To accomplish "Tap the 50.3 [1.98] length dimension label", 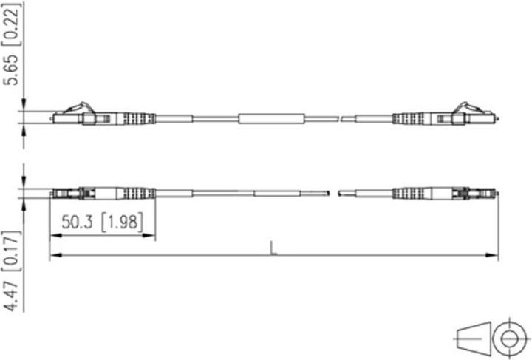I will coord(101,222).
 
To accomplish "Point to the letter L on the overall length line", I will coord(273,249).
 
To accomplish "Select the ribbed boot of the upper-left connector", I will coord(137,118).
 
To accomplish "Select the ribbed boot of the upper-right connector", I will coord(409,118).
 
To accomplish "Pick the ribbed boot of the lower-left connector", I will coord(137,194).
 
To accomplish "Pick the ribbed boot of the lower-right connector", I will coord(409,194).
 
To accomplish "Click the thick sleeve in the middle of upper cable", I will coord(270,118).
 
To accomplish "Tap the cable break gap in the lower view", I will coord(332,194).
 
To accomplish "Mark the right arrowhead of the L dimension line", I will coord(494,256).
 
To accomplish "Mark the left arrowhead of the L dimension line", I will coord(54,256).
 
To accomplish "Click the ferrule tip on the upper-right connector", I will coord(499,118).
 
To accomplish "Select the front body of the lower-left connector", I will coord(66,194).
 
